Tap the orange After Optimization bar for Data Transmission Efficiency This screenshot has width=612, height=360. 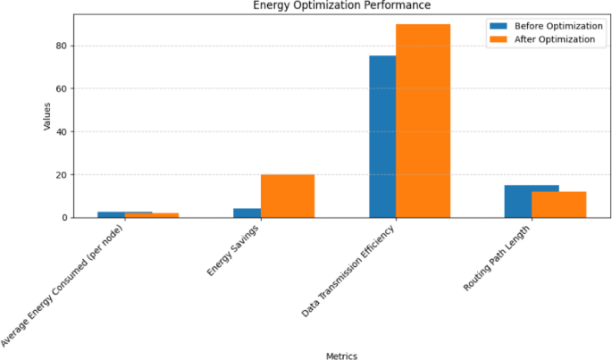pos(423,121)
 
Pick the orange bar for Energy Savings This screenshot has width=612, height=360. pos(287,196)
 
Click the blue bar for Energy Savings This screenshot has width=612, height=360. pos(247,213)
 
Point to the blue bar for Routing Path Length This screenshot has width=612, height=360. pos(518,201)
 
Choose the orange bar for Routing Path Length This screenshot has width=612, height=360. pos(558,205)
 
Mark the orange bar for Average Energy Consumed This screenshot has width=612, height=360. pos(152,215)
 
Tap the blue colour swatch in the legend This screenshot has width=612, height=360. pos(499,25)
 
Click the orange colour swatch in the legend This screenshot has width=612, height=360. pos(499,39)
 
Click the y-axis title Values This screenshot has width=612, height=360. pos(47,116)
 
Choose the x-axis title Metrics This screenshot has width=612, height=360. pos(341,356)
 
